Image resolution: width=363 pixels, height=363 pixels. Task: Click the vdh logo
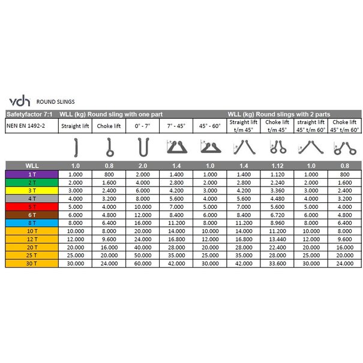(19, 101)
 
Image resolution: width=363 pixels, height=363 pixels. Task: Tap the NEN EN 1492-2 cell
(27, 126)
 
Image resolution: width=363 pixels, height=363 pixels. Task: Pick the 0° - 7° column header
(142, 126)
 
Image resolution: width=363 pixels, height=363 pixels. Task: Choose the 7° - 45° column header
(176, 126)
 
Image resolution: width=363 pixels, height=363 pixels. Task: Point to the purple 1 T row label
(31, 174)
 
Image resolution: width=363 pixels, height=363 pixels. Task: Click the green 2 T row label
(31, 182)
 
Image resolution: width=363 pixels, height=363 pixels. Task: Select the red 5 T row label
(31, 206)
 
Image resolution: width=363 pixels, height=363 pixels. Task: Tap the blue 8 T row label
(31, 221)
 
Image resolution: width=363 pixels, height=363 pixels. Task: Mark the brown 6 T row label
(31, 214)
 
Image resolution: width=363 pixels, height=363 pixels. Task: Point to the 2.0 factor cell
(142, 165)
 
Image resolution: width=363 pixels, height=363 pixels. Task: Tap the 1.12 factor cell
(277, 165)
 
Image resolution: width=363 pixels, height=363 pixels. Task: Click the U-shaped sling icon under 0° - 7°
(142, 146)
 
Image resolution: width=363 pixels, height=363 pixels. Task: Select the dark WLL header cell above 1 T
(31, 165)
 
